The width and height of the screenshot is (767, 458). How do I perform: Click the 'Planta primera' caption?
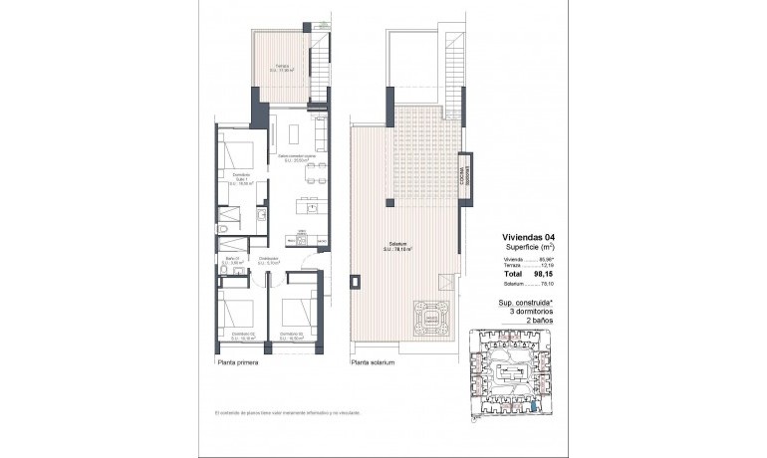tap(238, 363)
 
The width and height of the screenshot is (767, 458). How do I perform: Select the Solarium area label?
tap(403, 246)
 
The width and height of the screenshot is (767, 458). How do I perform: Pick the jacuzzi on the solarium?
tap(432, 318)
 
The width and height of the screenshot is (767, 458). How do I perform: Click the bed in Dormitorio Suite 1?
tap(236, 159)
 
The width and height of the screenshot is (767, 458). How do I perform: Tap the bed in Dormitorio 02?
tap(235, 312)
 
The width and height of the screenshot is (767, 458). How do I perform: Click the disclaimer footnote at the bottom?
tap(287, 411)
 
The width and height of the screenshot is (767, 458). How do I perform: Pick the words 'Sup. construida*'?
tap(524, 302)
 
